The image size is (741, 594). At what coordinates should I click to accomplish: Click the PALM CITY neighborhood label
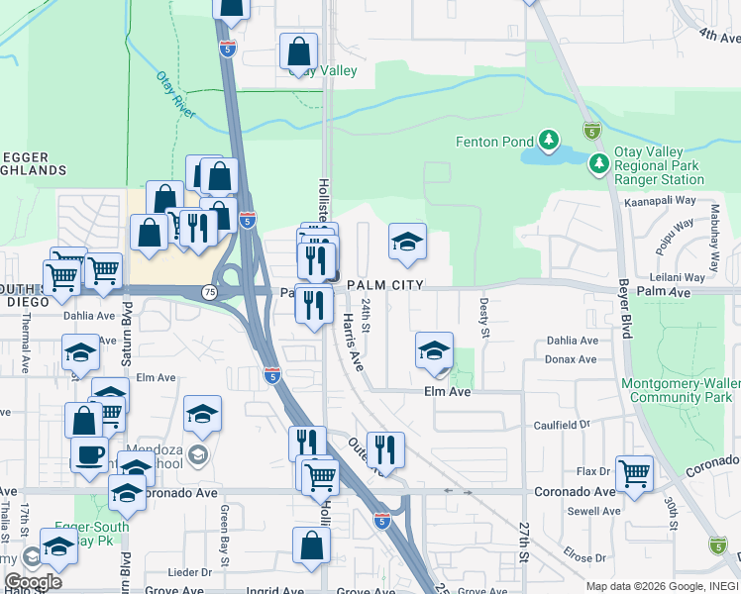(385, 285)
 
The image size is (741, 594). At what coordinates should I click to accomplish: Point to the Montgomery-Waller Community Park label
(680, 390)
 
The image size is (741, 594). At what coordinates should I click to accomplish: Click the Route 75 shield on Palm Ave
(209, 292)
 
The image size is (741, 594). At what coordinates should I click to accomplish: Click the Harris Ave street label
(353, 342)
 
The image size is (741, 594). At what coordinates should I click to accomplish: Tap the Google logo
(33, 582)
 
